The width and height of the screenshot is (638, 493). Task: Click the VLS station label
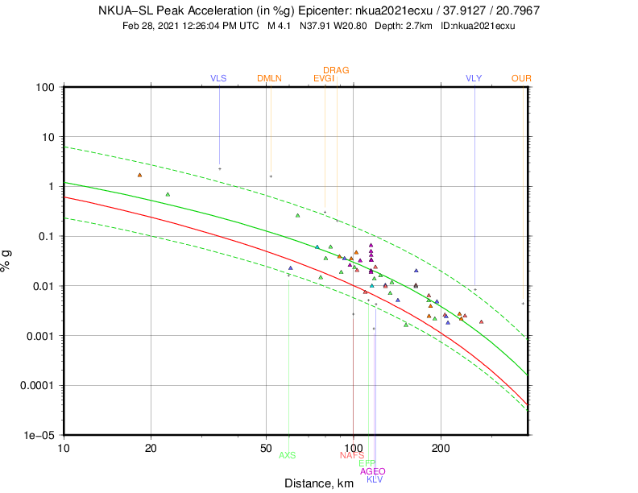[x=218, y=78]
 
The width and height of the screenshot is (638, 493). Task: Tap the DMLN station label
[x=270, y=78]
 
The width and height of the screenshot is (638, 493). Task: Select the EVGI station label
[x=324, y=78]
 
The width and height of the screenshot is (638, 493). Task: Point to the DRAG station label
[x=336, y=70]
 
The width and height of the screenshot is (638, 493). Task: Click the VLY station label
[x=474, y=78]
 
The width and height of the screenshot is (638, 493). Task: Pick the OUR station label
[x=521, y=78]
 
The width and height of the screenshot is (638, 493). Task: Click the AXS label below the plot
[x=288, y=455]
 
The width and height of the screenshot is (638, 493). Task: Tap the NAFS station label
[x=352, y=455]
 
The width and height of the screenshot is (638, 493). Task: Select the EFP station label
[x=367, y=463]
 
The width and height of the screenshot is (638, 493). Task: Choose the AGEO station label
[x=373, y=471]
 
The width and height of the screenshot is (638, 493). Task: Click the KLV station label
[x=375, y=479]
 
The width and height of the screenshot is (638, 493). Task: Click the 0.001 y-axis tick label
[x=39, y=335]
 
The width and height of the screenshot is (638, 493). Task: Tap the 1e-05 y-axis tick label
[x=39, y=435]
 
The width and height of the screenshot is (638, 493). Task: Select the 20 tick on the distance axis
[x=151, y=447]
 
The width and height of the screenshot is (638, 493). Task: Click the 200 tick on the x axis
[x=440, y=447]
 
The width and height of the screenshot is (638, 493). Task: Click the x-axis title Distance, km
[x=319, y=483]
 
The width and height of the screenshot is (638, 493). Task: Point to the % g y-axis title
[x=9, y=260]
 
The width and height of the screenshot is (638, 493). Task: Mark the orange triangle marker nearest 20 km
[x=139, y=175]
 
